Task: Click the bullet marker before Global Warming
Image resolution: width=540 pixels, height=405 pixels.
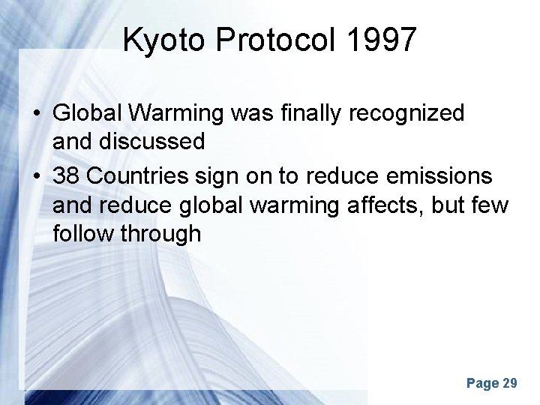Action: (x=37, y=114)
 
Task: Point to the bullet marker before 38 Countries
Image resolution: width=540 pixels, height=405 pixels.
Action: (x=37, y=177)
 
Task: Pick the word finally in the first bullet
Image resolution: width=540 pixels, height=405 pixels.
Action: (x=325, y=113)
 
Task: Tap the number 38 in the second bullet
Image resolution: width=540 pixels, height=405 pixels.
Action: (x=67, y=176)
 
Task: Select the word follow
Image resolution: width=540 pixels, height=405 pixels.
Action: (x=78, y=233)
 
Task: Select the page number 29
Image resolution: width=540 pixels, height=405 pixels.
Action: (x=509, y=383)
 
